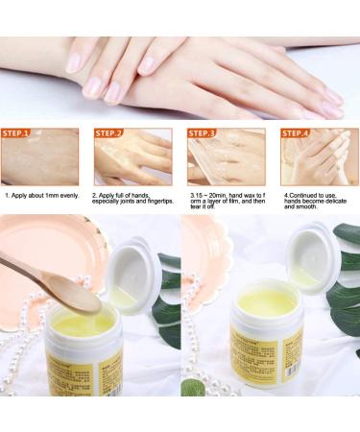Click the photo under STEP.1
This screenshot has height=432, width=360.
click(x=40, y=162)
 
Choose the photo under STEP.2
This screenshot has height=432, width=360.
click(x=132, y=162)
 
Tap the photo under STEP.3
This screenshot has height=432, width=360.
click(x=227, y=162)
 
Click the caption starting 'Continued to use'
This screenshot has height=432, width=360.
click(x=318, y=203)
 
